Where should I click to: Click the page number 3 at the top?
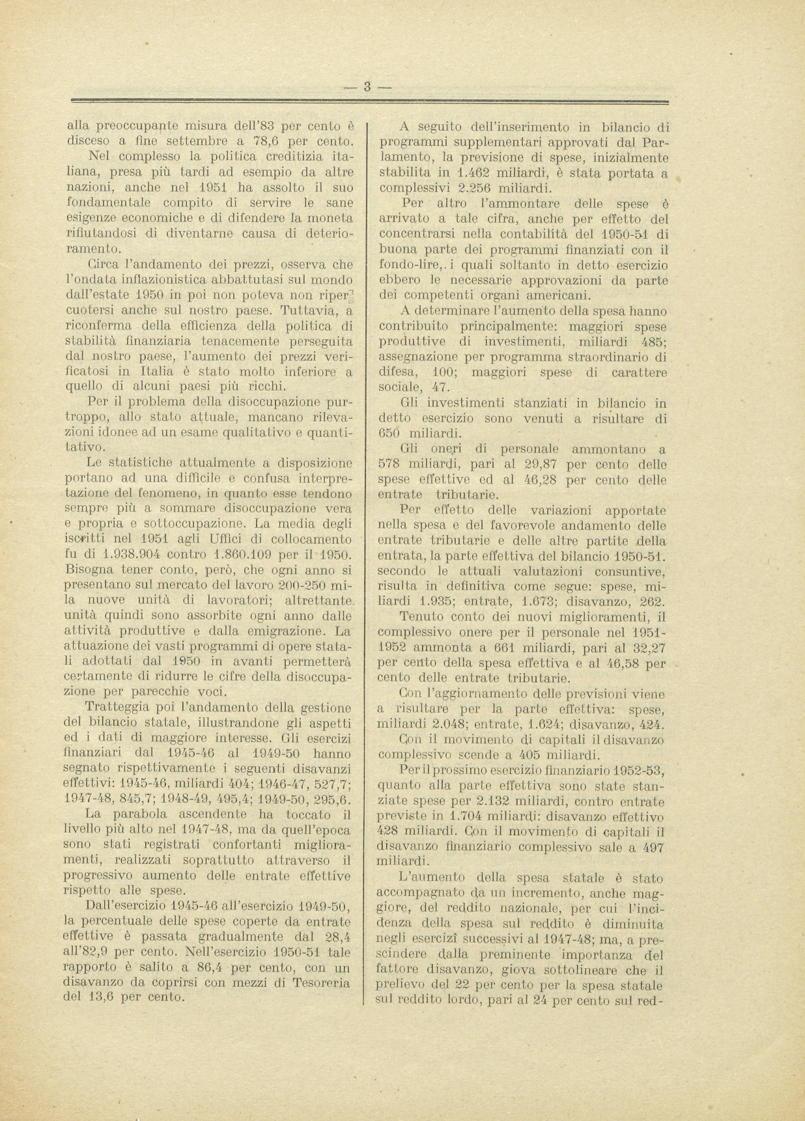[367, 86]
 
